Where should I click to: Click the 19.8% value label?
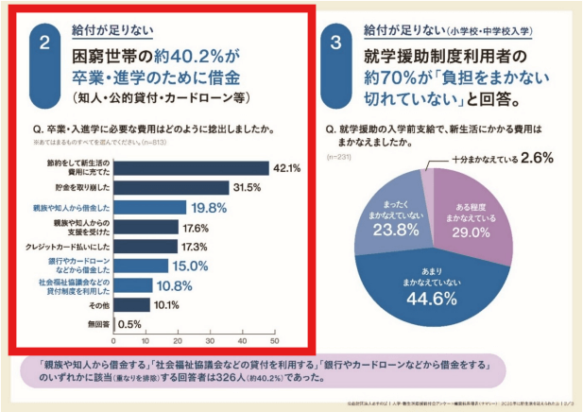click(x=210, y=207)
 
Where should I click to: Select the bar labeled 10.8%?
click(x=130, y=284)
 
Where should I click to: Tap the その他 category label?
click(x=97, y=304)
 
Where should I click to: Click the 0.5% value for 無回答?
click(x=131, y=324)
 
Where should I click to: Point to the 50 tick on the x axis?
click(x=274, y=341)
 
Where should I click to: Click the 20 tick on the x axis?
click(x=178, y=341)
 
